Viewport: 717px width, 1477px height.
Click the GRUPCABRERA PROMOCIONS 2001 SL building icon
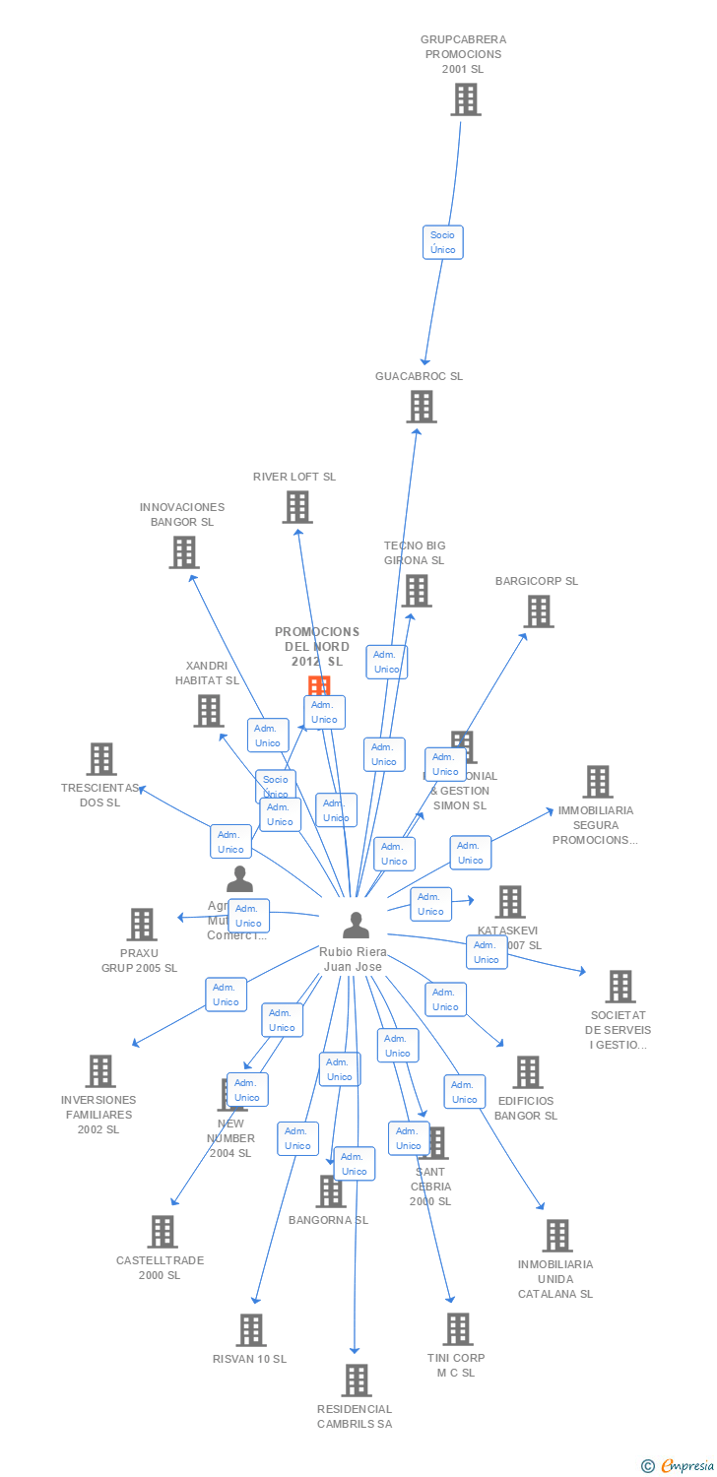[x=466, y=99]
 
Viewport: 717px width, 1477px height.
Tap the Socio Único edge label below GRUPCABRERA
[x=443, y=242]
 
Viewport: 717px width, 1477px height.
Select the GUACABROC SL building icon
[x=422, y=407]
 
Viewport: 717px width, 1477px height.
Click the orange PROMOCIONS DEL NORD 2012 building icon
[x=319, y=685]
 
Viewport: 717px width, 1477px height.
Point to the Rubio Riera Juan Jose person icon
[x=356, y=926]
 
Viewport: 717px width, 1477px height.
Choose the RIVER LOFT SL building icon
[x=297, y=507]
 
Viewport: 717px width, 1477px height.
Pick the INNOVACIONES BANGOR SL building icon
[x=184, y=552]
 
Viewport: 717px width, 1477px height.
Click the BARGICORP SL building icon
[x=538, y=611]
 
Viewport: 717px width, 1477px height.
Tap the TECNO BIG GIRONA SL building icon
[x=417, y=591]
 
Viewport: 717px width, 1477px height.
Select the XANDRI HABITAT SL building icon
[x=209, y=711]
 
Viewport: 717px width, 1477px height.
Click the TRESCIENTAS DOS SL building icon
[x=101, y=759]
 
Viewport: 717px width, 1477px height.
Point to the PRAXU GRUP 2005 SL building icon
[x=142, y=925]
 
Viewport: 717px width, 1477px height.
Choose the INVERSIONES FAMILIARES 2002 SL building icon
[x=100, y=1071]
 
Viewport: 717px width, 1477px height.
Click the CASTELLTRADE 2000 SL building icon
[x=163, y=1232]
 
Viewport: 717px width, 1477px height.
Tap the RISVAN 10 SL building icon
[x=251, y=1330]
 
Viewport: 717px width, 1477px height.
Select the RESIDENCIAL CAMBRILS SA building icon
[x=357, y=1381]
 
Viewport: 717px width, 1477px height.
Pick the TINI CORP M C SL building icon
[x=457, y=1329]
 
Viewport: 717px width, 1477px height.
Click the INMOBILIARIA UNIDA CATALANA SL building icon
[x=557, y=1236]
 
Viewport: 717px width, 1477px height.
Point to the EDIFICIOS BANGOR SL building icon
[x=528, y=1072]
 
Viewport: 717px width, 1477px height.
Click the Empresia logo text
[x=686, y=1466]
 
